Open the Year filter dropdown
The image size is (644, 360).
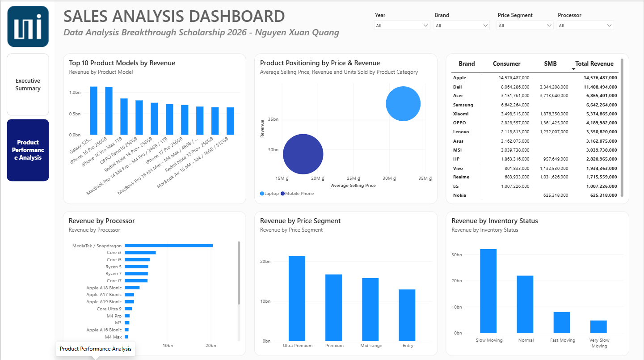[402, 25]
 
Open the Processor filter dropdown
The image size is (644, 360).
[585, 25]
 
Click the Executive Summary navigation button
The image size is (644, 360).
[28, 85]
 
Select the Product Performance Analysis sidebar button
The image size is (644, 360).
[28, 150]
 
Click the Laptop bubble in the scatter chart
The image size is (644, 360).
[403, 104]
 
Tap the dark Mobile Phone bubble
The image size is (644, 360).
[303, 154]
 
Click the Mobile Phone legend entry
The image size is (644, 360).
[297, 194]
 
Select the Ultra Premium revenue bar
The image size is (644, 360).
[297, 298]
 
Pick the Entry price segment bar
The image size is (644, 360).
[407, 315]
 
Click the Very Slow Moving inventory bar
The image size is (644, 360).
[598, 326]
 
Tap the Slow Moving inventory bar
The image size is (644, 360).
[488, 291]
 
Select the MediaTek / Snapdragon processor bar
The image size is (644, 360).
[169, 246]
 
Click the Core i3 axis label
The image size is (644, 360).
[114, 252]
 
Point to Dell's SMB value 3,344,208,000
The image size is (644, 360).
[554, 87]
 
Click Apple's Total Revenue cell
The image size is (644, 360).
[600, 78]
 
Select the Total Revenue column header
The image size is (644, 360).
[594, 64]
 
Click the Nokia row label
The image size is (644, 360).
[459, 195]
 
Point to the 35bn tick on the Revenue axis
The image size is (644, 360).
[273, 119]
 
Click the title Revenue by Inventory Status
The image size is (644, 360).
[494, 221]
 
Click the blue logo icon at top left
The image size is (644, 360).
[28, 26]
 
